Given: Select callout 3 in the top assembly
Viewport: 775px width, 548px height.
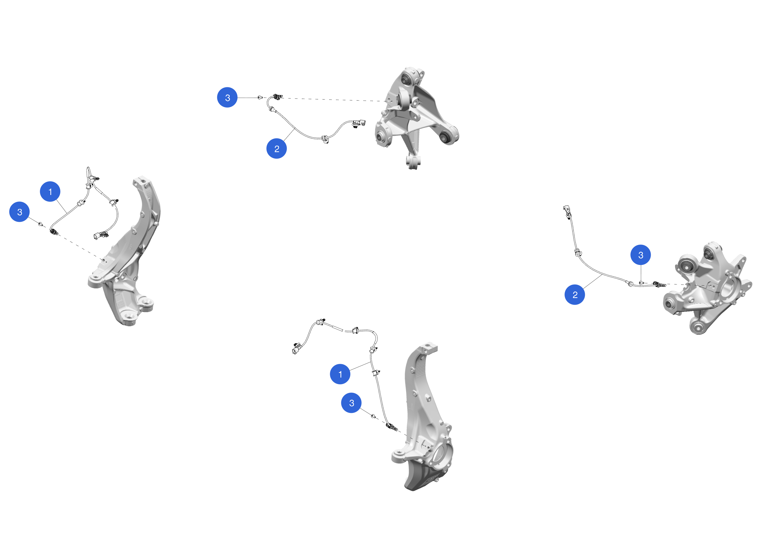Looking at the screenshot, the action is [227, 98].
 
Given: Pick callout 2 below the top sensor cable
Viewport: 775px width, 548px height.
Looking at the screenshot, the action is [276, 148].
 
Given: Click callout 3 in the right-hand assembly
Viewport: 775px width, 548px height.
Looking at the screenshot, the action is [641, 255].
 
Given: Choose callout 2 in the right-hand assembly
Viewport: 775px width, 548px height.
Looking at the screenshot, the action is [575, 295].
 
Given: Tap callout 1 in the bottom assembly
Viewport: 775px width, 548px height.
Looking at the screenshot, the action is [340, 374].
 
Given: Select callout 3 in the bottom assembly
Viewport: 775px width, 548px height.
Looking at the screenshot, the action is [351, 403].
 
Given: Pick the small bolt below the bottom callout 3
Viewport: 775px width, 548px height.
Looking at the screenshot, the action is [373, 416].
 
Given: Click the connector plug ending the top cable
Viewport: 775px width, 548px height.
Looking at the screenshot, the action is [359, 123].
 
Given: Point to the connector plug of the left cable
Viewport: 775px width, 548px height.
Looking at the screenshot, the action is [100, 235].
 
